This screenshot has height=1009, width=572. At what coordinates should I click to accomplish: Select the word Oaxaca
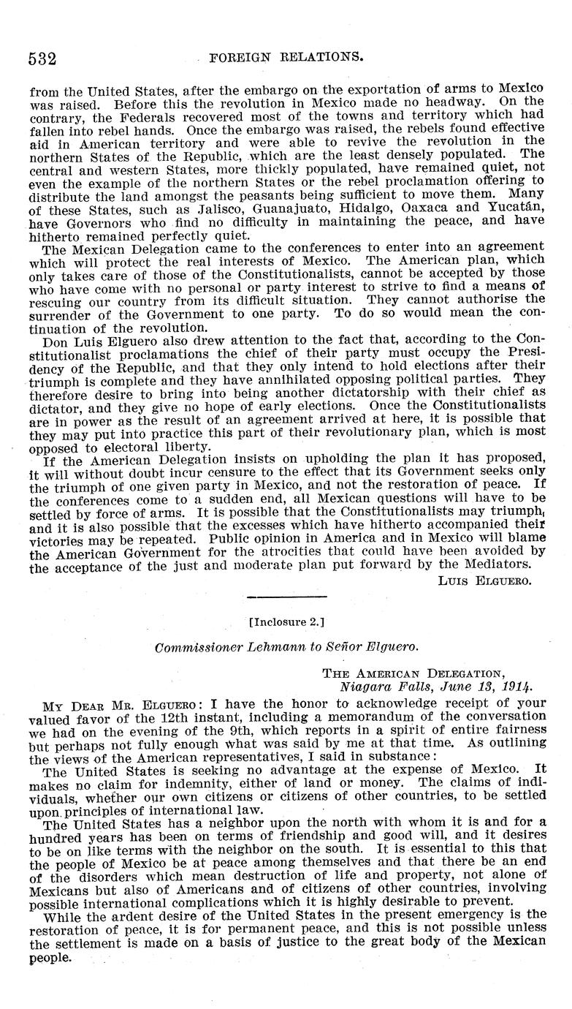click(x=417, y=207)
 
